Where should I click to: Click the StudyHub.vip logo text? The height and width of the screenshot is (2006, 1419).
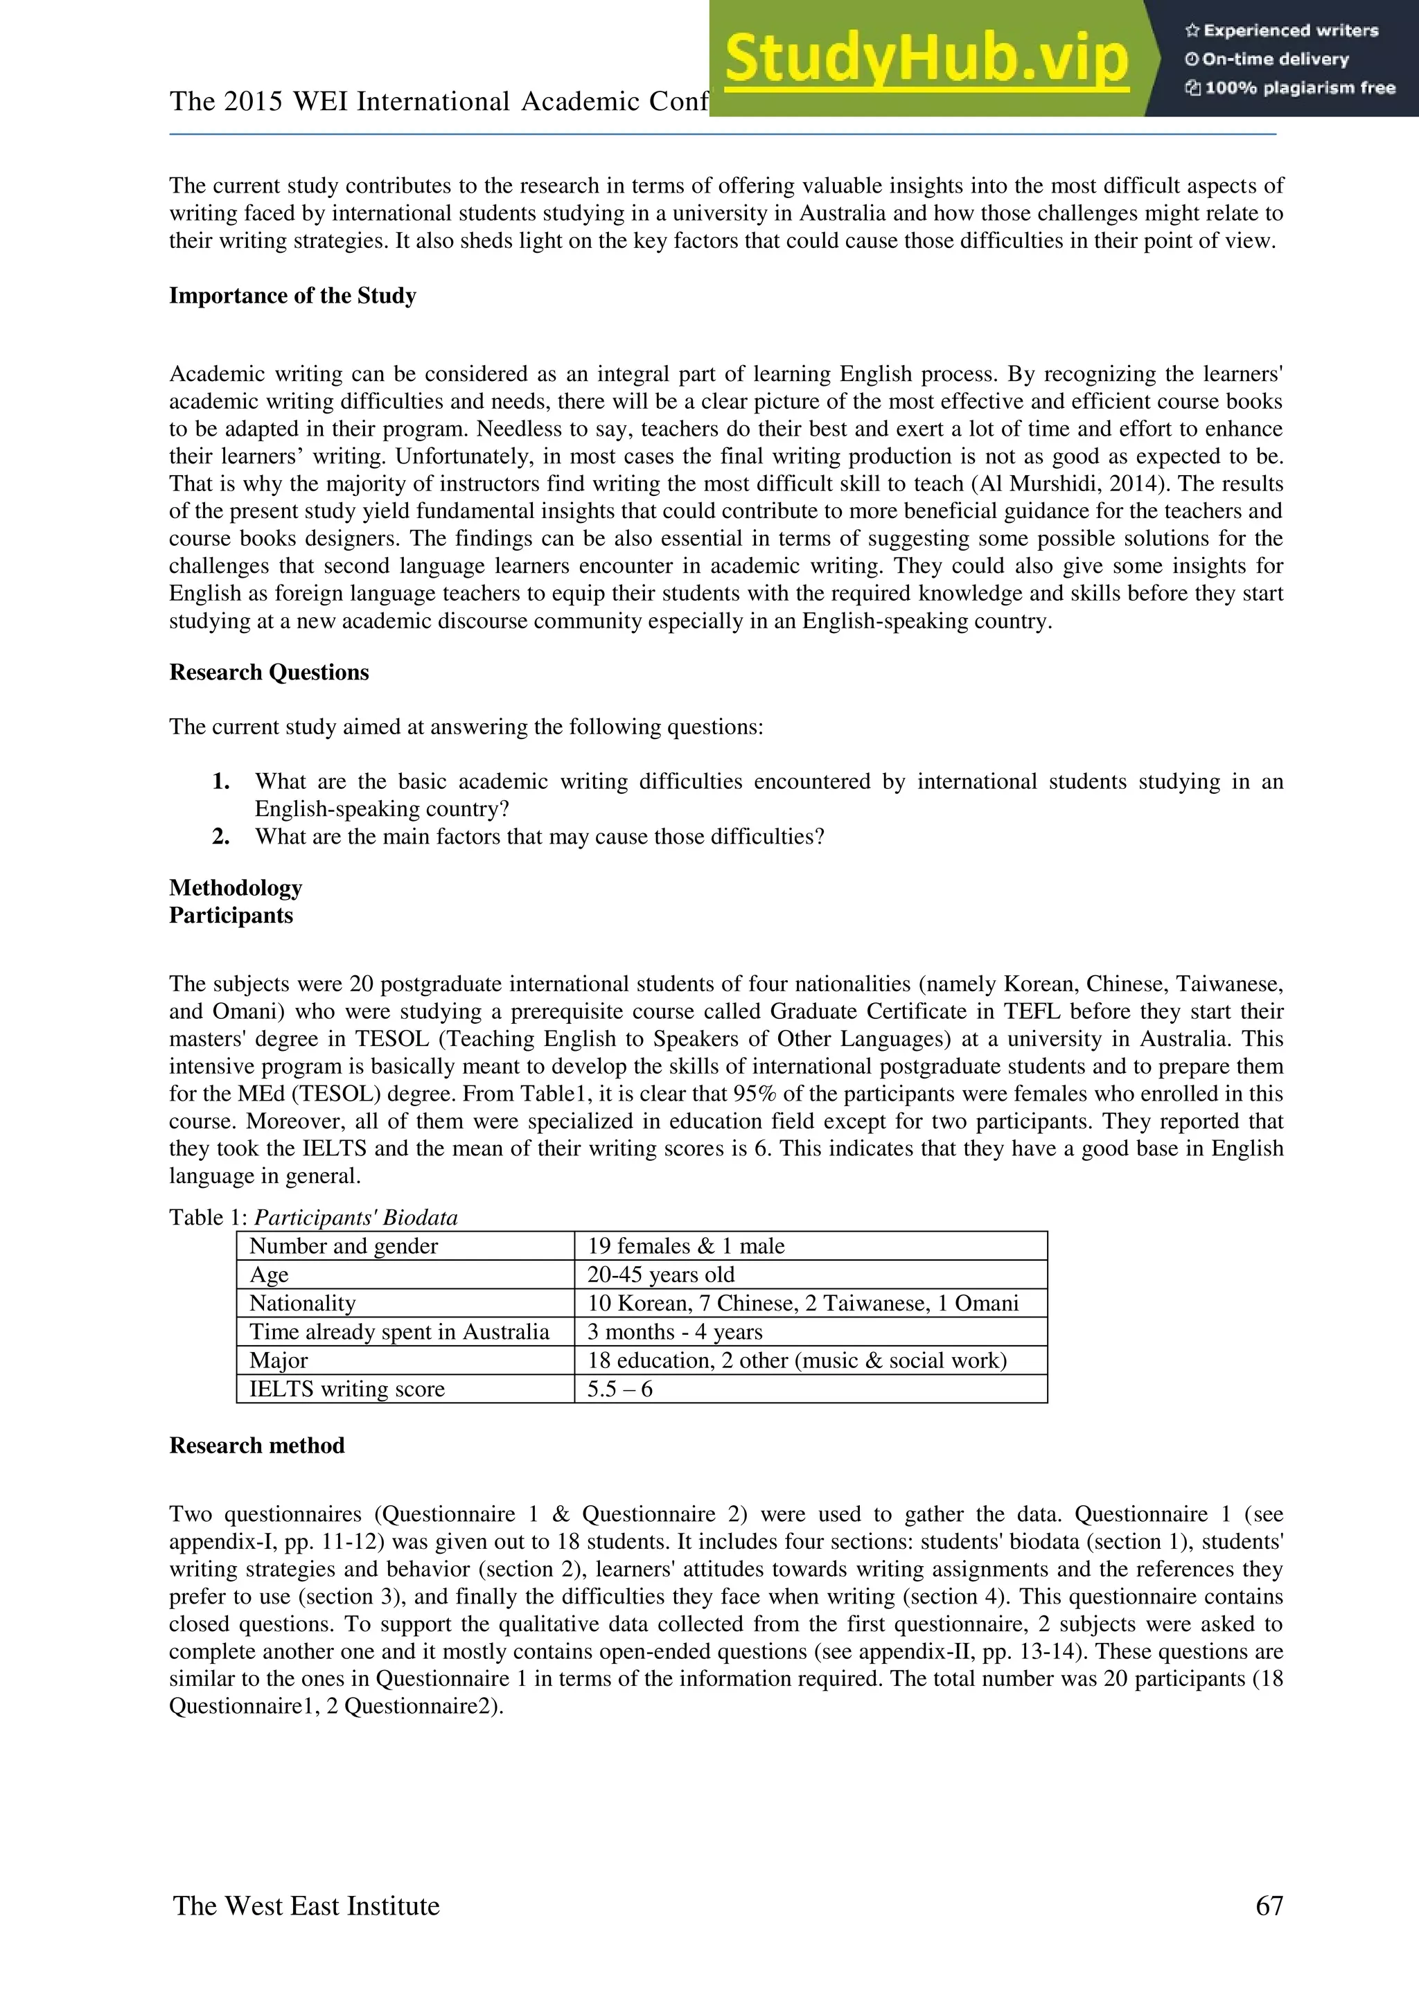point(926,60)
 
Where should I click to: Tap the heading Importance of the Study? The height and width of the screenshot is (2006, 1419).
point(292,295)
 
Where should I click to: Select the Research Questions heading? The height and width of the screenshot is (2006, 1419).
point(269,672)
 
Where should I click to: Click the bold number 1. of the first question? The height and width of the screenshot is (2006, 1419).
point(221,781)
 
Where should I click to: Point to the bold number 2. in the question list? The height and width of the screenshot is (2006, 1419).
point(221,836)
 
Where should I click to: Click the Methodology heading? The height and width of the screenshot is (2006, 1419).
point(236,888)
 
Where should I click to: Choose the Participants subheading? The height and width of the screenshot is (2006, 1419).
point(231,915)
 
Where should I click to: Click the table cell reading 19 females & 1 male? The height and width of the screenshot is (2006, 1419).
point(686,1246)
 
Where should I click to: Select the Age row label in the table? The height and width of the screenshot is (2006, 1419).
point(269,1275)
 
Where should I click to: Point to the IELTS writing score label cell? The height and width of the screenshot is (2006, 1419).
point(347,1390)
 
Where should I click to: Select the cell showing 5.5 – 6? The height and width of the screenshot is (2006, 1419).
point(619,1390)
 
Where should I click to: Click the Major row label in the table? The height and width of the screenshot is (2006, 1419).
point(279,1360)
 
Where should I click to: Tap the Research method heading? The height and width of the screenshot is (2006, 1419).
point(257,1445)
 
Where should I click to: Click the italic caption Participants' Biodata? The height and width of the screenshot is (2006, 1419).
point(355,1217)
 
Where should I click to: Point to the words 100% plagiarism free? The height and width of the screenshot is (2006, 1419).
point(1299,87)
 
